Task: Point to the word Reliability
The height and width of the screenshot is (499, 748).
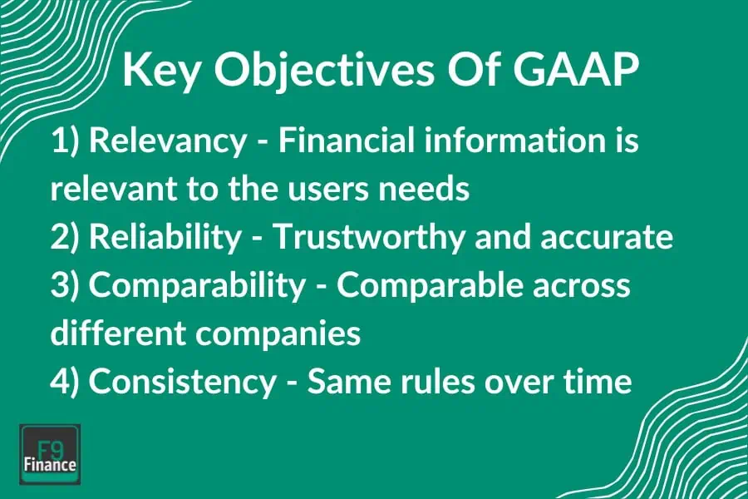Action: coord(163,238)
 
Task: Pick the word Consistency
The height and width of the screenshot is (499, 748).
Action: coord(182,382)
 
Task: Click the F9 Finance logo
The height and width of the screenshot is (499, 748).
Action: coord(50,453)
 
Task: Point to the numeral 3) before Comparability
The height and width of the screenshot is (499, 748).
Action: coord(66,285)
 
